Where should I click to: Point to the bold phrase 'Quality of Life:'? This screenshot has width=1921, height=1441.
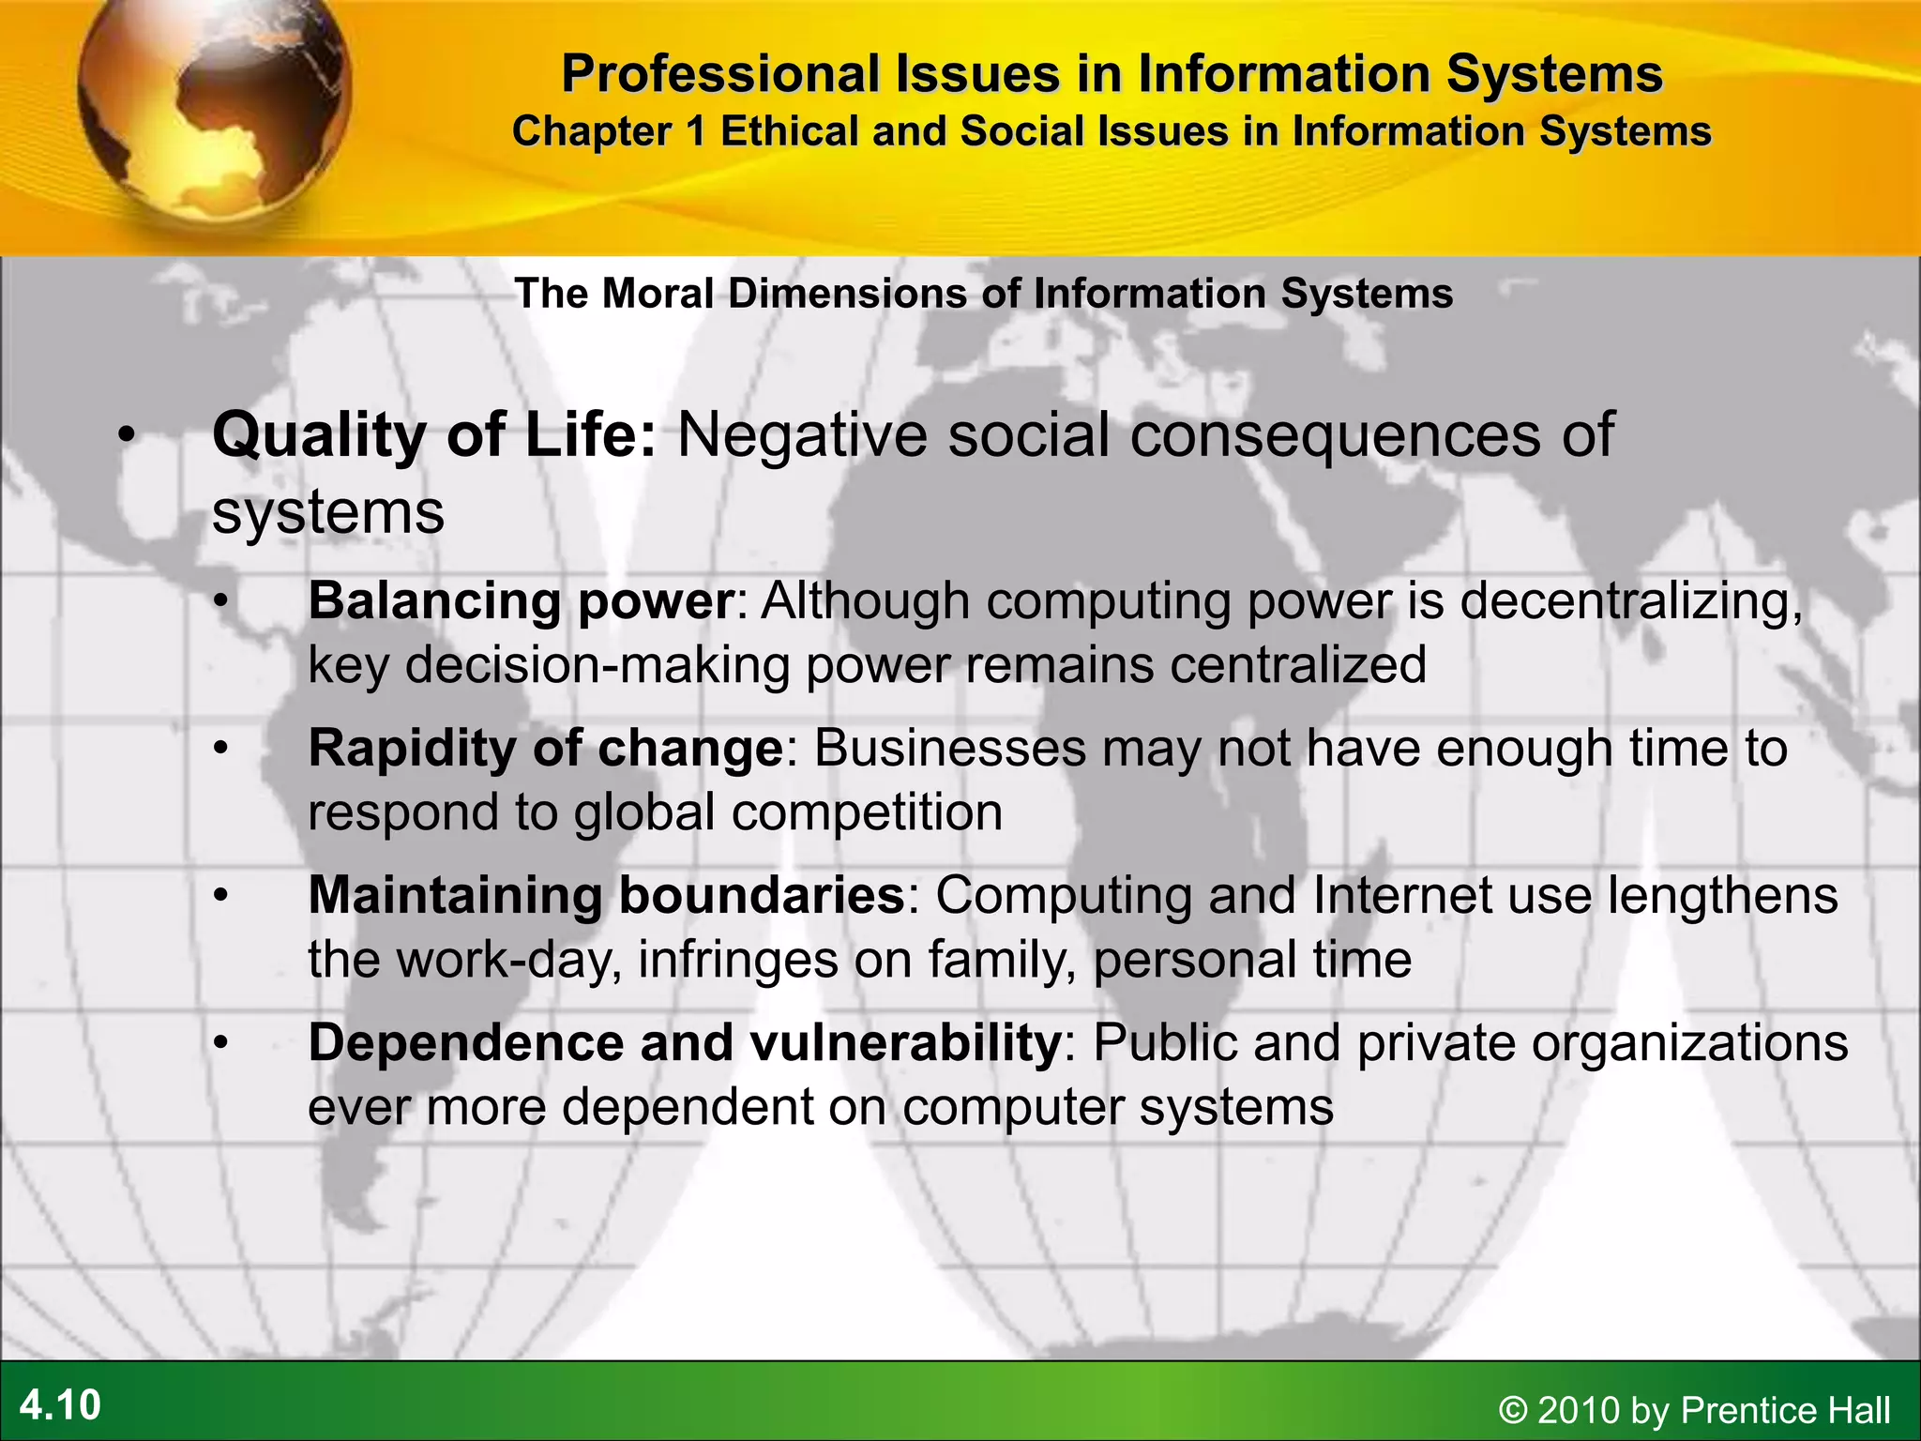click(x=434, y=435)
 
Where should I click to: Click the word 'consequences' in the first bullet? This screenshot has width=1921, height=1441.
click(x=1335, y=435)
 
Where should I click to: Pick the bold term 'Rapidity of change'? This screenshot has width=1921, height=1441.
click(x=545, y=749)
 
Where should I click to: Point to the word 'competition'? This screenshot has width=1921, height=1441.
click(x=867, y=812)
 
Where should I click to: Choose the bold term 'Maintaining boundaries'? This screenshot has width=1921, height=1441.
click(x=606, y=895)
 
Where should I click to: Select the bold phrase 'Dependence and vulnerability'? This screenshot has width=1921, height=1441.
click(x=684, y=1043)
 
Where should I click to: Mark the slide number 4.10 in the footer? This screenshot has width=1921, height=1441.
click(x=60, y=1405)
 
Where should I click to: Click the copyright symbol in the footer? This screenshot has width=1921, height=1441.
click(x=1513, y=1411)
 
